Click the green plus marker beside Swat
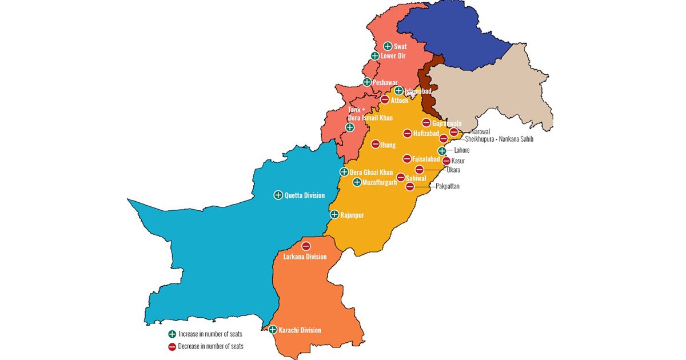pyautogui.click(x=388, y=46)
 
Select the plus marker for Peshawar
pyautogui.click(x=367, y=82)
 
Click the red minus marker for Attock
pyautogui.click(x=385, y=100)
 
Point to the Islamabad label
pyautogui.click(x=417, y=91)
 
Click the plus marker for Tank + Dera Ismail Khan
pyautogui.click(x=350, y=127)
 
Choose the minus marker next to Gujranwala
pyautogui.click(x=426, y=123)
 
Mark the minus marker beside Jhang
pyautogui.click(x=376, y=145)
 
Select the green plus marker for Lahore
pyautogui.click(x=442, y=151)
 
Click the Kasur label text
pyautogui.click(x=458, y=161)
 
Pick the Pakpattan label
pyautogui.click(x=448, y=186)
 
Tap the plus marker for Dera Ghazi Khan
pyautogui.click(x=344, y=171)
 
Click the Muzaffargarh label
pyautogui.click(x=380, y=182)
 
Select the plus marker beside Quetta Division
pyautogui.click(x=278, y=195)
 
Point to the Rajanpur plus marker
pyautogui.click(x=335, y=215)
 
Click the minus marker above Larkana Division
pyautogui.click(x=306, y=246)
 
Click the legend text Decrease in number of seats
pyautogui.click(x=211, y=346)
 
